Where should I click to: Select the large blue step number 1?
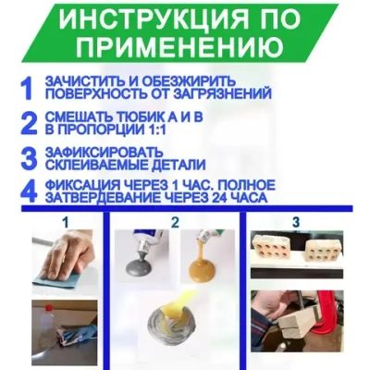point(27,88)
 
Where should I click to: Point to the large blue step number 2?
point(28,122)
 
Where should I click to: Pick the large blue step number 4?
point(28,191)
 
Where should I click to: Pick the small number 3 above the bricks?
point(297,222)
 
